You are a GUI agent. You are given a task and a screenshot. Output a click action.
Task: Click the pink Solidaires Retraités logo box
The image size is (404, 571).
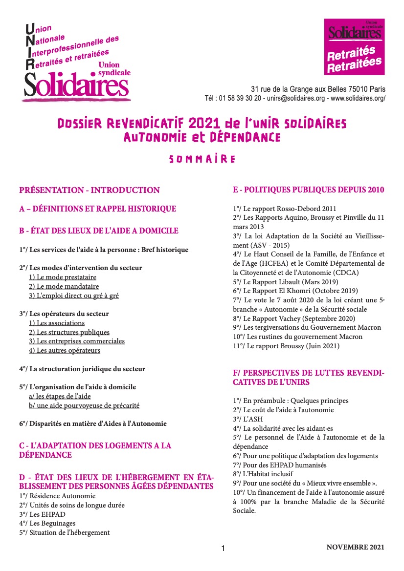pyautogui.click(x=355, y=46)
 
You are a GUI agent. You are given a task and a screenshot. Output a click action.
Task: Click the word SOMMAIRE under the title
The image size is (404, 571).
pyautogui.click(x=202, y=159)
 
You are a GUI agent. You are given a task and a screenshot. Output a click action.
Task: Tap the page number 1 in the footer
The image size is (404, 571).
pyautogui.click(x=223, y=549)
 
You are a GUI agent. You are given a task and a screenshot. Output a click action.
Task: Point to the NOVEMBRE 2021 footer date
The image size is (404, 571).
pyautogui.click(x=356, y=547)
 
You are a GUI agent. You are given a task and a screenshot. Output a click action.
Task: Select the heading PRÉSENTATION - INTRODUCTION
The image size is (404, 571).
pyautogui.click(x=90, y=190)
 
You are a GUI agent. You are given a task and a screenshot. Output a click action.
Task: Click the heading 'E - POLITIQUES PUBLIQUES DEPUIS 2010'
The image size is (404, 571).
pyautogui.click(x=309, y=190)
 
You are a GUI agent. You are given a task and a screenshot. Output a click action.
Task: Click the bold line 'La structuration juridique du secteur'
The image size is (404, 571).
pyautogui.click(x=82, y=369)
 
